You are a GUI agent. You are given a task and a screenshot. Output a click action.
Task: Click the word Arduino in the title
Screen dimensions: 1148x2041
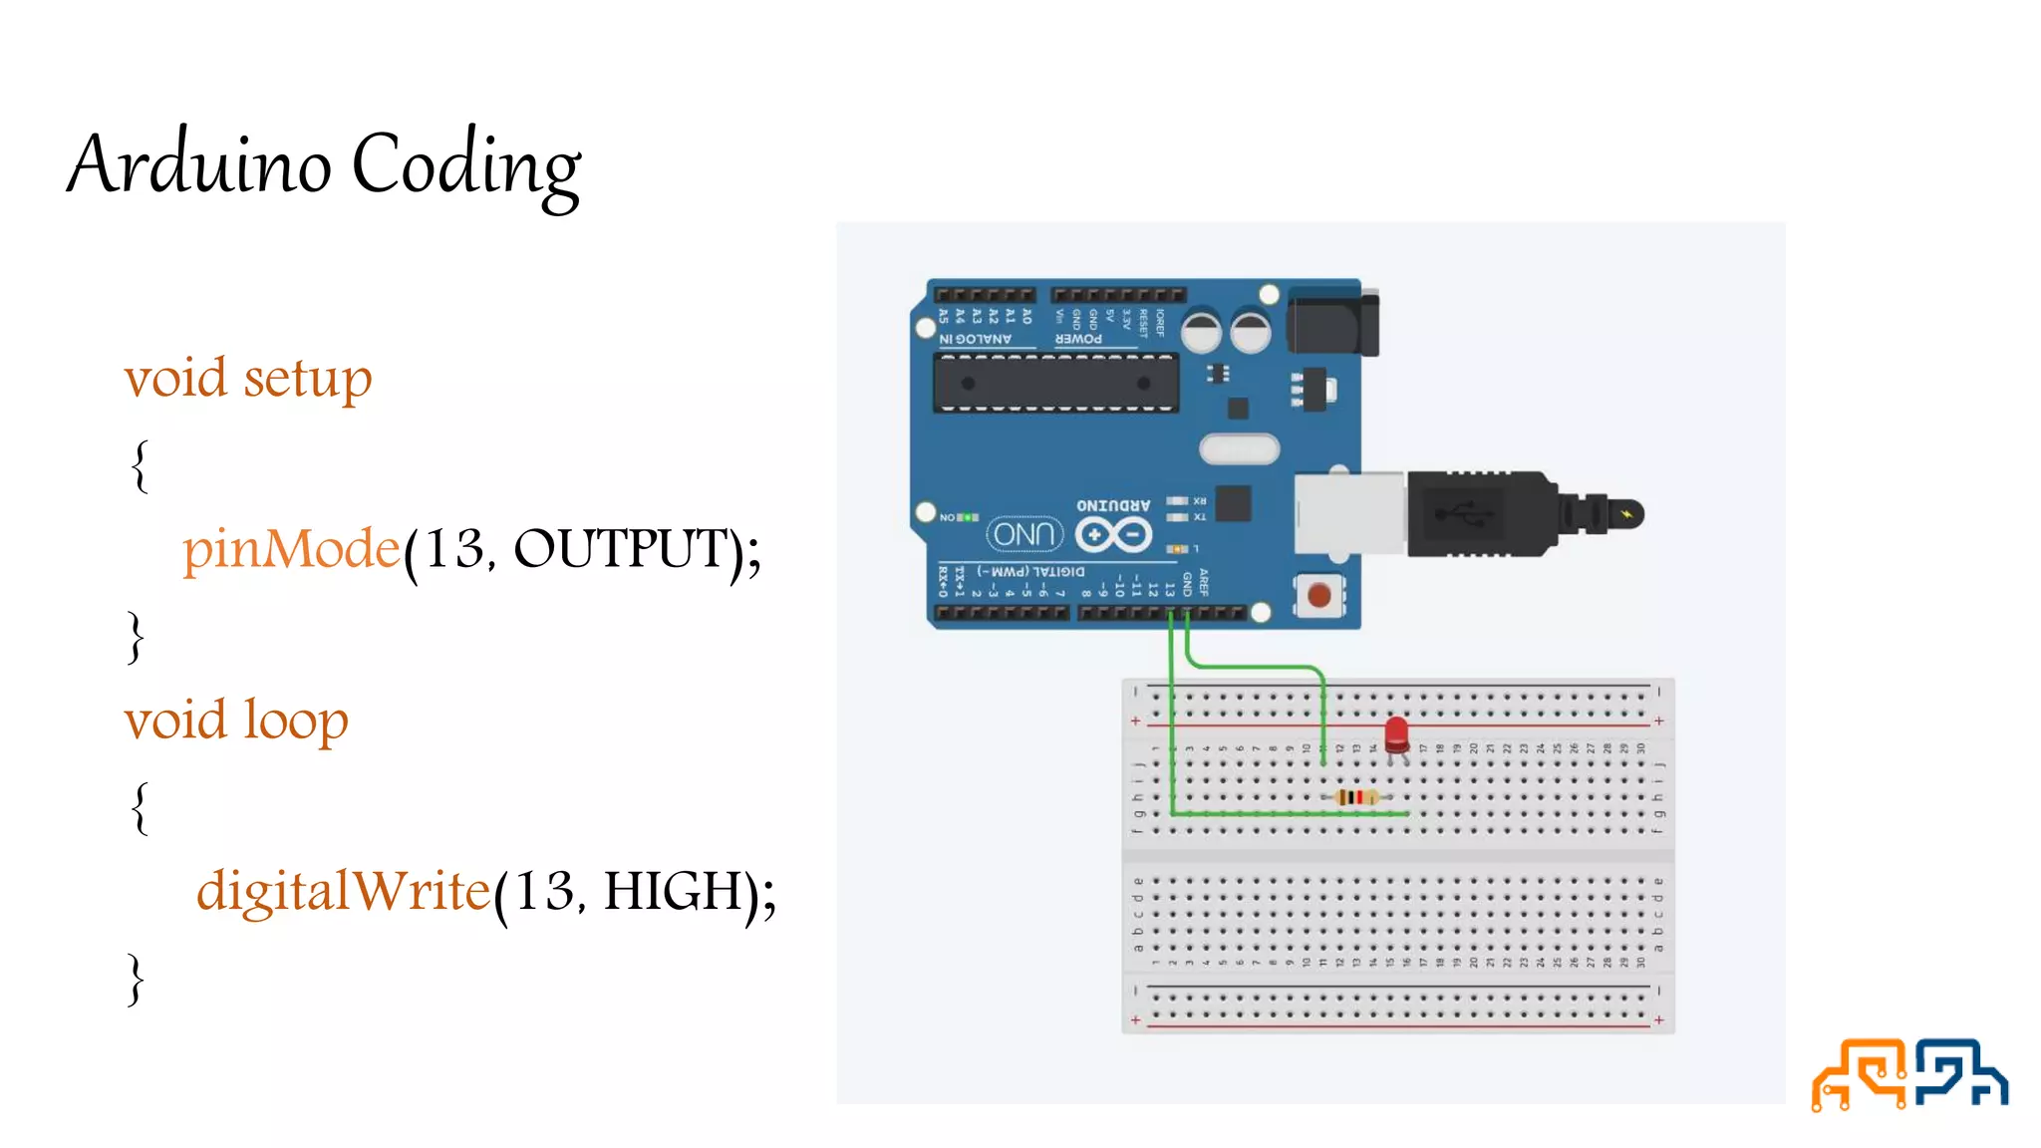pos(199,164)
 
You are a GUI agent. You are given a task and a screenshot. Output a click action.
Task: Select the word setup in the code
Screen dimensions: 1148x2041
pos(308,379)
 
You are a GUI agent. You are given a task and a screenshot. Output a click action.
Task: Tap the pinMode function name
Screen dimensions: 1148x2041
pos(291,549)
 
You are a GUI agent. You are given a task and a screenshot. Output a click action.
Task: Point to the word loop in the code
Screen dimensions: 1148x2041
pos(296,719)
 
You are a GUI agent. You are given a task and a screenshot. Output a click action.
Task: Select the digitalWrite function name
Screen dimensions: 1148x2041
pos(344,891)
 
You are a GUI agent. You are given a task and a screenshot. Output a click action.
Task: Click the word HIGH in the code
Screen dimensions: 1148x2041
pos(673,891)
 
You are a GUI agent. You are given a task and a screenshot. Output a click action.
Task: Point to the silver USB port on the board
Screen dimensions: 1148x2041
pos(1349,513)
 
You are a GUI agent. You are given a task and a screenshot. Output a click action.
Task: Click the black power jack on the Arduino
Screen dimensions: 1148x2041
pos(1331,321)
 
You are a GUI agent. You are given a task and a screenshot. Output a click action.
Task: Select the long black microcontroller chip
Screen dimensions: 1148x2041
pos(1055,383)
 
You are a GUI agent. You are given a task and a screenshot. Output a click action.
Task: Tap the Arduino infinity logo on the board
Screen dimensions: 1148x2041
pos(1114,535)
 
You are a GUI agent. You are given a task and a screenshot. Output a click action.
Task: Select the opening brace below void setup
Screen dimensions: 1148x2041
pos(141,465)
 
